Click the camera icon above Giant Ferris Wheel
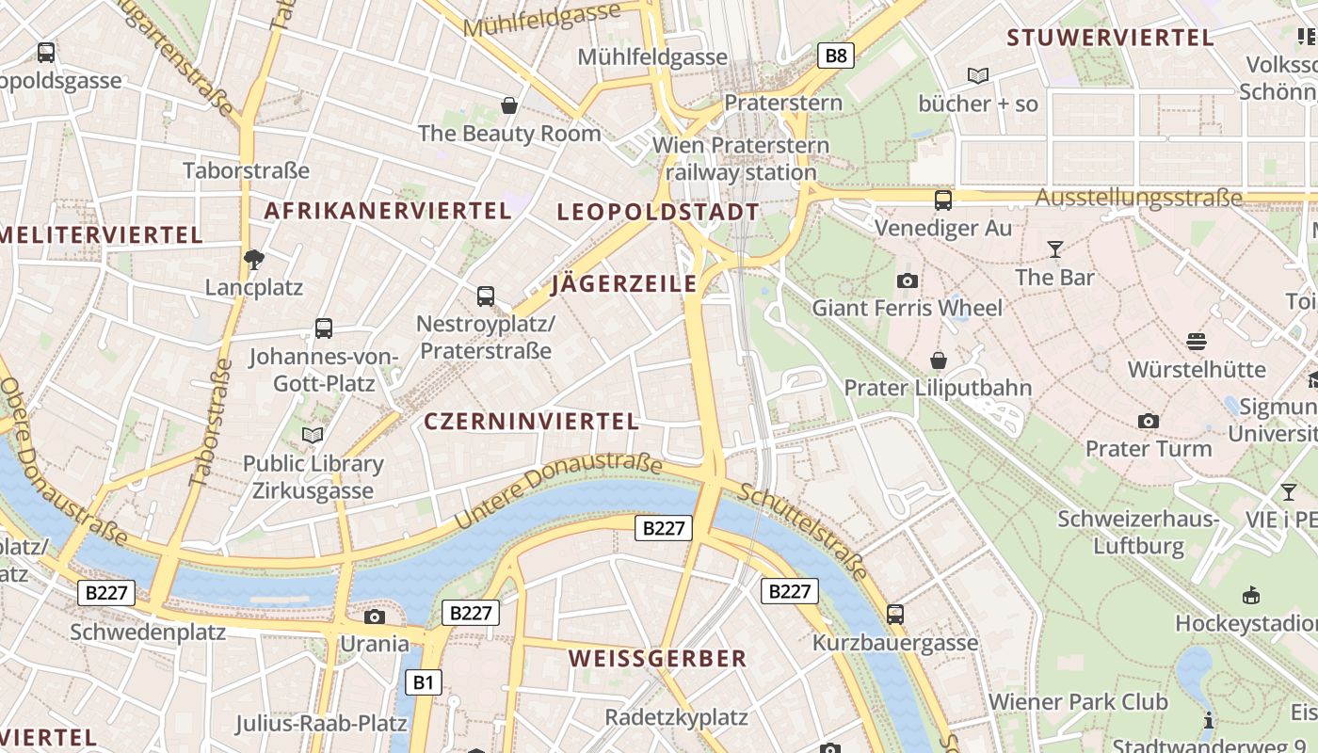(908, 280)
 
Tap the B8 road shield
(836, 56)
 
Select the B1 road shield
(423, 682)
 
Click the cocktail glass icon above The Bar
(1054, 249)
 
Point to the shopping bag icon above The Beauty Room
(509, 104)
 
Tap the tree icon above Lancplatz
(253, 259)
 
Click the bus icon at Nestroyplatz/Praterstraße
(486, 296)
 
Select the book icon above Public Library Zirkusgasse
(313, 435)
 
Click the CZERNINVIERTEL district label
(532, 422)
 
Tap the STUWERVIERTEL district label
(1111, 38)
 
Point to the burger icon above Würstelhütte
(1197, 341)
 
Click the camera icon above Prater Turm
(1148, 421)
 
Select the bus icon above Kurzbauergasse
(895, 615)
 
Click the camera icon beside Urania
(375, 617)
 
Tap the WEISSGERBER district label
(658, 659)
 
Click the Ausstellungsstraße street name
(1139, 199)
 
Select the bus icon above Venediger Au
(942, 200)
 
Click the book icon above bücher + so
(978, 75)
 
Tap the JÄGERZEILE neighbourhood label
(624, 283)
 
